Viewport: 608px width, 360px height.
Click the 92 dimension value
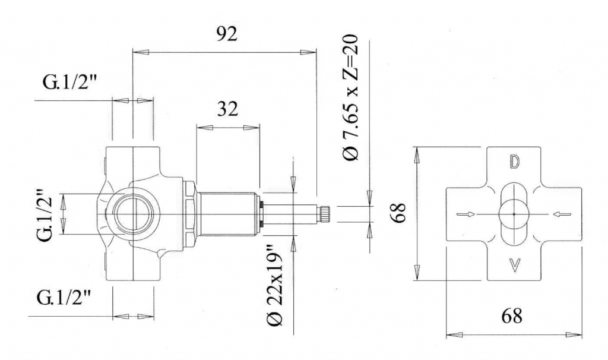(227, 34)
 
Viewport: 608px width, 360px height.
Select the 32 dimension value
(227, 109)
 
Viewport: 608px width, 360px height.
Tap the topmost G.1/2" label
(69, 82)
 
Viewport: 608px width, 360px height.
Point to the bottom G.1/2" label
(64, 298)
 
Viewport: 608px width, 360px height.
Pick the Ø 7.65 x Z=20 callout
(350, 97)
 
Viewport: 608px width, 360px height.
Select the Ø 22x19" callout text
(275, 285)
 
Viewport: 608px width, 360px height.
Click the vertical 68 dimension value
(398, 212)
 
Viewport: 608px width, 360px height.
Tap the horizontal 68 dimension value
(512, 316)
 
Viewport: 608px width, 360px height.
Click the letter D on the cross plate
(514, 162)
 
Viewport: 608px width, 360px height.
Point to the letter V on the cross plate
(514, 265)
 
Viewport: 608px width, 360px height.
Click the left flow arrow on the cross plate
(465, 214)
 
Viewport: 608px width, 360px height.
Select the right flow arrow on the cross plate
(562, 214)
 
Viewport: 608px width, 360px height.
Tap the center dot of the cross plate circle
(514, 214)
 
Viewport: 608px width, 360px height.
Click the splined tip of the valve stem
(324, 214)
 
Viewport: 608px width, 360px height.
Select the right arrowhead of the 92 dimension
(308, 52)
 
